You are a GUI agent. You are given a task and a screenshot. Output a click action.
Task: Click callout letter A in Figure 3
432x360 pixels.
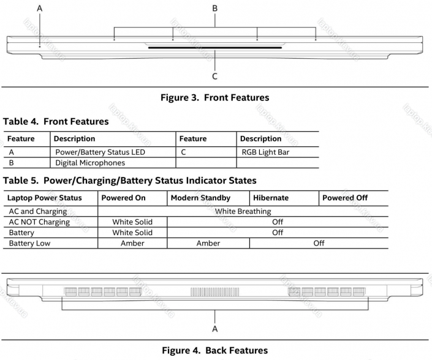pyautogui.click(x=40, y=9)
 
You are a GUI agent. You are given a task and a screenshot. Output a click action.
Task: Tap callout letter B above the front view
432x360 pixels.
pyautogui.click(x=215, y=9)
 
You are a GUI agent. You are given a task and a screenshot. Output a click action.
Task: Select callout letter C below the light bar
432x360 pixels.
pyautogui.click(x=215, y=77)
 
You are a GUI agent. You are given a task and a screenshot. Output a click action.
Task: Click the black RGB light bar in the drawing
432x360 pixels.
pyautogui.click(x=215, y=48)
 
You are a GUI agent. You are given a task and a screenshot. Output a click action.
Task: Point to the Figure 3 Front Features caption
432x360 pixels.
pyautogui.click(x=215, y=97)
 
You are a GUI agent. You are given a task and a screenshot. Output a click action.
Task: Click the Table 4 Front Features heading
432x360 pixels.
pyautogui.click(x=56, y=121)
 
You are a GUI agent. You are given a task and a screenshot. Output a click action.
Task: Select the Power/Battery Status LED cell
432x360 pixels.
pyautogui.click(x=100, y=152)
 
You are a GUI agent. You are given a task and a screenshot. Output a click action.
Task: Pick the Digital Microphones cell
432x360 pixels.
pyautogui.click(x=90, y=163)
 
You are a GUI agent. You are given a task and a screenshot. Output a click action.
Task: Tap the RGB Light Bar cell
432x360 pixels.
pyautogui.click(x=265, y=152)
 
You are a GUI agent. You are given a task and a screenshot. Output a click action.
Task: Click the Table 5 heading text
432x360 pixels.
pyautogui.click(x=130, y=181)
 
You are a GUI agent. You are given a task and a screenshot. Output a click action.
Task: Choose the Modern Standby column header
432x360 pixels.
pyautogui.click(x=200, y=198)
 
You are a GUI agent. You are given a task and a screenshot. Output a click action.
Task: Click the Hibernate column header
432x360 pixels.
pyautogui.click(x=271, y=198)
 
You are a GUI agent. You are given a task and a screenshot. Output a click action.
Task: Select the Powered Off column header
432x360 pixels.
pyautogui.click(x=345, y=198)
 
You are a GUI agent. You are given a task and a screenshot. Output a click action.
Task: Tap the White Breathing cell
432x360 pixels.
pyautogui.click(x=243, y=211)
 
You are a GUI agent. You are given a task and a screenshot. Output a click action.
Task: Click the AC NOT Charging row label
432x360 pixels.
pyautogui.click(x=39, y=222)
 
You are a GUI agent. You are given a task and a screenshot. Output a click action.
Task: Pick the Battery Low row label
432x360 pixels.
pyautogui.click(x=30, y=243)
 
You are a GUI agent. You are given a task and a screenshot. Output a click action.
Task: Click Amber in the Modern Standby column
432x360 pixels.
pyautogui.click(x=208, y=243)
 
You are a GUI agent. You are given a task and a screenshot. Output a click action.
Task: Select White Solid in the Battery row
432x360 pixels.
pyautogui.click(x=132, y=233)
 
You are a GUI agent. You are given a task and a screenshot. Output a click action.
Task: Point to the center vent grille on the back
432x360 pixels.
pyautogui.click(x=215, y=292)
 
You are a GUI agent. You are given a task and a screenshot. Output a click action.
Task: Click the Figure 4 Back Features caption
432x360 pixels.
pyautogui.click(x=215, y=350)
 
